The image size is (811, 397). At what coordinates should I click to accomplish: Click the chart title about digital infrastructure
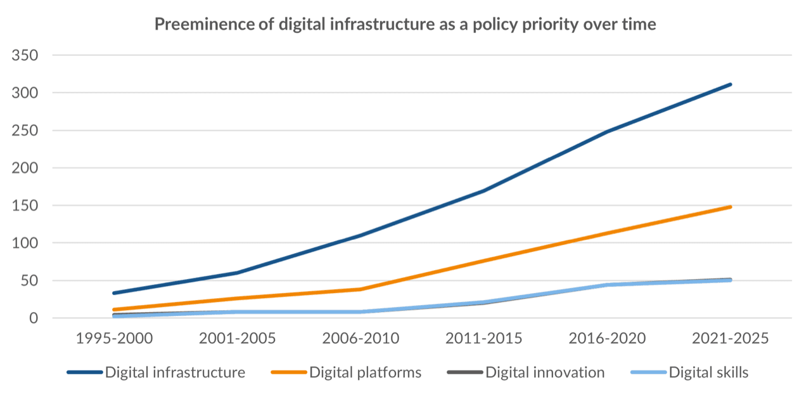(405, 25)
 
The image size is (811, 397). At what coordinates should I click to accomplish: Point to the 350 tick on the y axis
(25, 56)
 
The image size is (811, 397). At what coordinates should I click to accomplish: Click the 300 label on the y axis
(25, 93)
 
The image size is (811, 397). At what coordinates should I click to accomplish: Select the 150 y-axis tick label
(25, 205)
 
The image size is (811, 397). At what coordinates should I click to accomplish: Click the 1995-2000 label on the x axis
(114, 339)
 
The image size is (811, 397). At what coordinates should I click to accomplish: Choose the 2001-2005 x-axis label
(238, 339)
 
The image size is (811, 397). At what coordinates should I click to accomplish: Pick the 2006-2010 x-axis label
(361, 339)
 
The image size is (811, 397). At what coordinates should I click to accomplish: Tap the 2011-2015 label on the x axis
(484, 339)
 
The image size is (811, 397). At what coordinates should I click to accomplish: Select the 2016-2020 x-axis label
(607, 339)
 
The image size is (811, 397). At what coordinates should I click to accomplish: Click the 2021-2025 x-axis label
(730, 339)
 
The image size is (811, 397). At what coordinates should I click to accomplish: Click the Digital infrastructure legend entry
(175, 373)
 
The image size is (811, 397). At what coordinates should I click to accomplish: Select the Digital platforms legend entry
(365, 373)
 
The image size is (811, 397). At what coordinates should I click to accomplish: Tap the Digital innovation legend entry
(545, 373)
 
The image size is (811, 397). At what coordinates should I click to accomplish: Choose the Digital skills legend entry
(708, 373)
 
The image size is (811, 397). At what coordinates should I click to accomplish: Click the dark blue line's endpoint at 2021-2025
(730, 84)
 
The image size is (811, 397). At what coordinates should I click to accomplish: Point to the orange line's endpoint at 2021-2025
(730, 207)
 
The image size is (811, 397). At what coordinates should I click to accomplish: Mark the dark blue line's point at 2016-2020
(607, 132)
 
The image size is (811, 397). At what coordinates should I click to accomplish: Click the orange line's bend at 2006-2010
(361, 289)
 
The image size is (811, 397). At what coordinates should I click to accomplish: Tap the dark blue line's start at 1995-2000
(114, 293)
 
